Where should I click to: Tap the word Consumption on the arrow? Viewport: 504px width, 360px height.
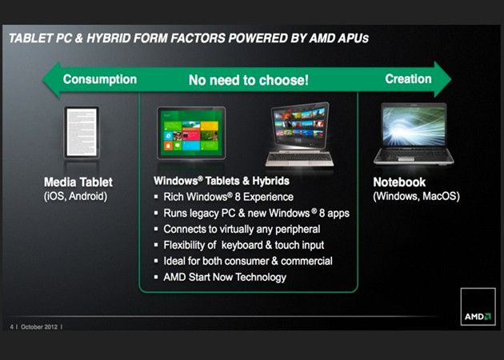100,79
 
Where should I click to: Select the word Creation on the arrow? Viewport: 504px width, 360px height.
408,79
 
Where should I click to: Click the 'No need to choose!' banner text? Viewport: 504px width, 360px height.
248,81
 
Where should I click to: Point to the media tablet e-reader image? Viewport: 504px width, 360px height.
81,134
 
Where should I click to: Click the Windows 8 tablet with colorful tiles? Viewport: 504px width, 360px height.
191,133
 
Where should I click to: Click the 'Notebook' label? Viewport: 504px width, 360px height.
399,182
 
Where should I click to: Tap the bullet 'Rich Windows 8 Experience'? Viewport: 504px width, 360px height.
228,198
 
